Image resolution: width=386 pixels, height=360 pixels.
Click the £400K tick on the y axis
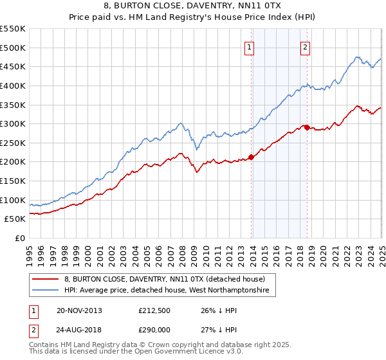12,85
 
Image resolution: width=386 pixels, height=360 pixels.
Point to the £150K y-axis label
12,181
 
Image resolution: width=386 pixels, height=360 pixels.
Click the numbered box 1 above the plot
249,47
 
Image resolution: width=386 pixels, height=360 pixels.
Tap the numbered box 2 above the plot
305,47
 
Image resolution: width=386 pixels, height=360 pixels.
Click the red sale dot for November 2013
252,157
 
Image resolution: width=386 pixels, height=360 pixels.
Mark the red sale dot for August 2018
307,127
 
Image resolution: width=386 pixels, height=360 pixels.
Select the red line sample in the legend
46,279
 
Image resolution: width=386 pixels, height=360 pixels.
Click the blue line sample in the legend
46,291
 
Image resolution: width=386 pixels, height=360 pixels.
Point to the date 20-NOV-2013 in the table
79,310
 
